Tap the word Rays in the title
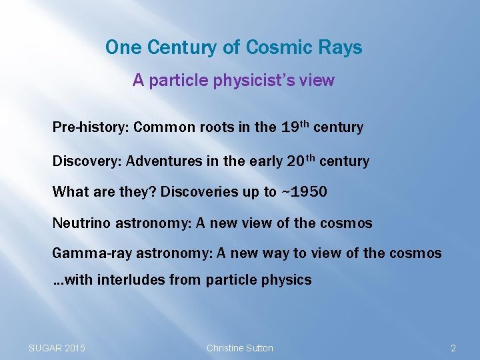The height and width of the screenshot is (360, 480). pos(341,48)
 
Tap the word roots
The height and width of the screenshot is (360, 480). pos(215,127)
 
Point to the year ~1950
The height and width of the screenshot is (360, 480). pos(303,192)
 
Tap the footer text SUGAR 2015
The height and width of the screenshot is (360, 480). pos(57,348)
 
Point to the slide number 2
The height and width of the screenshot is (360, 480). pos(453,348)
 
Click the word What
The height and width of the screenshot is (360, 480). pos(69,192)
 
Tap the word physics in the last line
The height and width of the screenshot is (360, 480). pos(287,280)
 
